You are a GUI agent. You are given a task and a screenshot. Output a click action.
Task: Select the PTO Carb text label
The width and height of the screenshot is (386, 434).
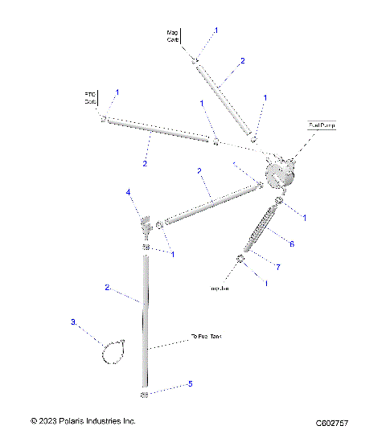pos(90,98)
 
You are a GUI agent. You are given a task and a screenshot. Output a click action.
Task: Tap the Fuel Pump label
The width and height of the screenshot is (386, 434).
pos(322,125)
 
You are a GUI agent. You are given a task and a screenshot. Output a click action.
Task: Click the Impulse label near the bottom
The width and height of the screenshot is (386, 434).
pos(220,288)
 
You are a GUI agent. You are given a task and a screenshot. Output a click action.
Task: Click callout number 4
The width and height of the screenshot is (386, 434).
pos(127,192)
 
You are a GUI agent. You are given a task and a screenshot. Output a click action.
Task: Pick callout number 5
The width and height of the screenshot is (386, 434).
pos(190,384)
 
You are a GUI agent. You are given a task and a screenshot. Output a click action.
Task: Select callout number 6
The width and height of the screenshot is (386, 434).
pos(291,243)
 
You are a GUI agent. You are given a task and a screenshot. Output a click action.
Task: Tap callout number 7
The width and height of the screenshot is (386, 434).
pos(278,266)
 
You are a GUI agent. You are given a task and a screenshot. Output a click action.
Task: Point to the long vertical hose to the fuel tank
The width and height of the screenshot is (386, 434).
pos(146,321)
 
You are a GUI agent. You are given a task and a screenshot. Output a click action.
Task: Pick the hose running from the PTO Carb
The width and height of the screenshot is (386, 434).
pos(161,130)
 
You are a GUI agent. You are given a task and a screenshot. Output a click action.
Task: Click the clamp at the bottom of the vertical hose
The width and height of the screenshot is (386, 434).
pos(146,395)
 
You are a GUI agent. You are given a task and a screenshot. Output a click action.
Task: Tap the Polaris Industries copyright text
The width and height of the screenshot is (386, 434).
pos(83,420)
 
